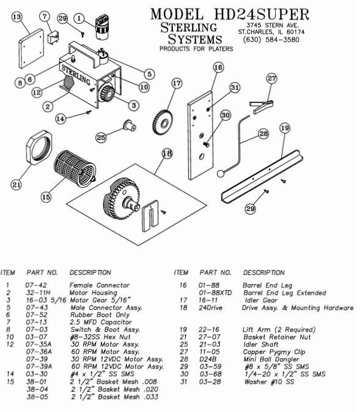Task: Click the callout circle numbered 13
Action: click(17, 17)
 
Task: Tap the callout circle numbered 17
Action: click(177, 83)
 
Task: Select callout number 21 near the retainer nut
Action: click(17, 185)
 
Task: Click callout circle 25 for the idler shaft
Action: click(101, 137)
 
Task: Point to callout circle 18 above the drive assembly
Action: click(167, 153)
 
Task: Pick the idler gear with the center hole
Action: click(163, 122)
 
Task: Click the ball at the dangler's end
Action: click(221, 174)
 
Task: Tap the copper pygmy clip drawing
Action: click(261, 106)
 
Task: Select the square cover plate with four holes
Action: click(31, 48)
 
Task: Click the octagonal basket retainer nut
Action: click(39, 148)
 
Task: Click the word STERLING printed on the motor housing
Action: click(76, 75)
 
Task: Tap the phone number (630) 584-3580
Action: click(271, 40)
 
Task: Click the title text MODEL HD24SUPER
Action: click(230, 13)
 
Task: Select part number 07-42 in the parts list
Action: click(36, 285)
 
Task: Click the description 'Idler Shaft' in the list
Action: click(261, 345)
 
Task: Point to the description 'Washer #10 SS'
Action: click(269, 382)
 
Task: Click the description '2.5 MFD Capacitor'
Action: click(101, 322)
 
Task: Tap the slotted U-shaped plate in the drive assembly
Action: click(150, 216)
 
